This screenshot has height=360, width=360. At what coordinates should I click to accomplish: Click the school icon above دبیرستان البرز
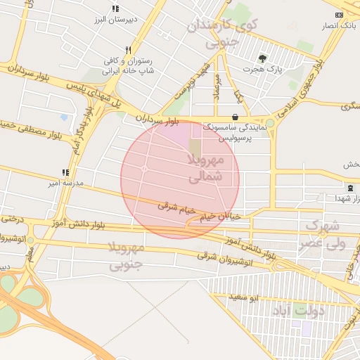click(x=115, y=9)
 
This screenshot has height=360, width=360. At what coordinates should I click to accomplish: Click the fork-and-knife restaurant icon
click(x=127, y=50)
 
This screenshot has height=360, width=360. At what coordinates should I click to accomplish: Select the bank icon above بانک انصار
click(x=340, y=15)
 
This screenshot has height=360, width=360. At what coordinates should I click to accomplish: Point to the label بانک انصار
click(x=337, y=26)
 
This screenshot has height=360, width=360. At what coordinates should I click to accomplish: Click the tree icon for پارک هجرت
click(x=262, y=58)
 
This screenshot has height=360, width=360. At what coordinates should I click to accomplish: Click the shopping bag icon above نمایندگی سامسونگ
click(x=234, y=117)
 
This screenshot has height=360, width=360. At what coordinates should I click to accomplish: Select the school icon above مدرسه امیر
click(x=65, y=172)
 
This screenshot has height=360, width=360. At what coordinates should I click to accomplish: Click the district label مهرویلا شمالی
click(x=205, y=169)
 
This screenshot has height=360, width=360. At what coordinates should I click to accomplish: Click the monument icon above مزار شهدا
click(x=349, y=187)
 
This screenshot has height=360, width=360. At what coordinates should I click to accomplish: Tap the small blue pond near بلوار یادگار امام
click(x=65, y=117)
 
